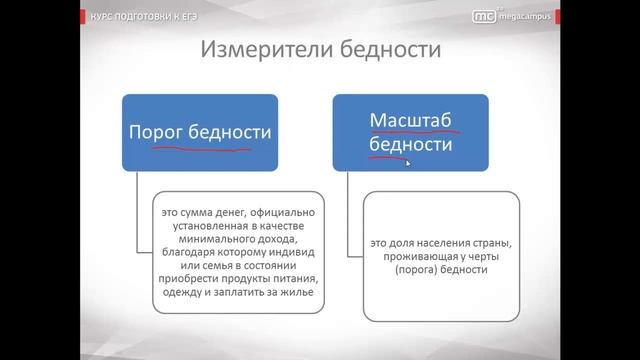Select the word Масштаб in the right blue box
point(411,121)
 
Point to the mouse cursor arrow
point(409,163)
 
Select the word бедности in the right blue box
point(411,145)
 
